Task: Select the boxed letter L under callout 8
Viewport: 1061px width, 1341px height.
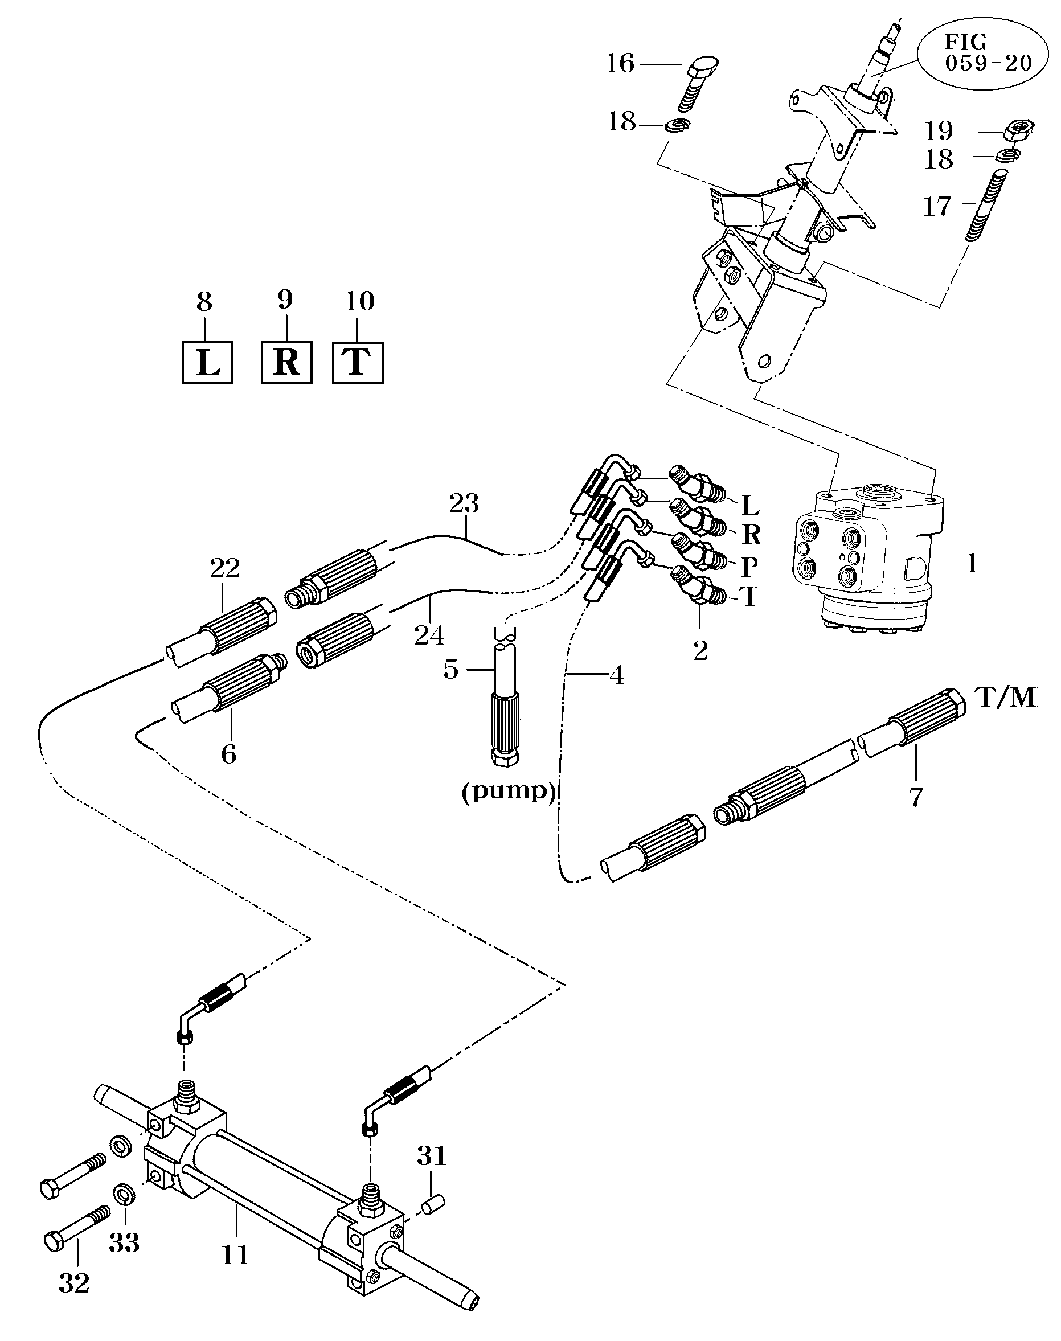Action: (x=207, y=363)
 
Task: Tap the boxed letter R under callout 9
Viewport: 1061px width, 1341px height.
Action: (x=286, y=362)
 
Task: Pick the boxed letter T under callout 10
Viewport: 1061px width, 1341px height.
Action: (x=357, y=362)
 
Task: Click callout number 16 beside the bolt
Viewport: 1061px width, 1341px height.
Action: (x=620, y=64)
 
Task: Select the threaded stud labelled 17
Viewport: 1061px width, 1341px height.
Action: (x=987, y=205)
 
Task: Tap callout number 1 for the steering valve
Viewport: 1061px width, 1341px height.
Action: (x=972, y=563)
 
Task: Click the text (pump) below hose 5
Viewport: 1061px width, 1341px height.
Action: (x=508, y=791)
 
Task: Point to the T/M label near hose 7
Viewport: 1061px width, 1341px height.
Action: (x=1006, y=698)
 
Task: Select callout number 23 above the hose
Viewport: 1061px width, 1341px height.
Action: (x=464, y=504)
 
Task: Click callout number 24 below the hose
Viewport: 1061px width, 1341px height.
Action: (x=429, y=635)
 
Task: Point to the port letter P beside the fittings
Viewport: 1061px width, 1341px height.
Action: (x=750, y=567)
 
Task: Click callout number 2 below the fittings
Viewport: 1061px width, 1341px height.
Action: (x=700, y=651)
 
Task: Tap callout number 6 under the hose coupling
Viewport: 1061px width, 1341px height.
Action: (x=228, y=754)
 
